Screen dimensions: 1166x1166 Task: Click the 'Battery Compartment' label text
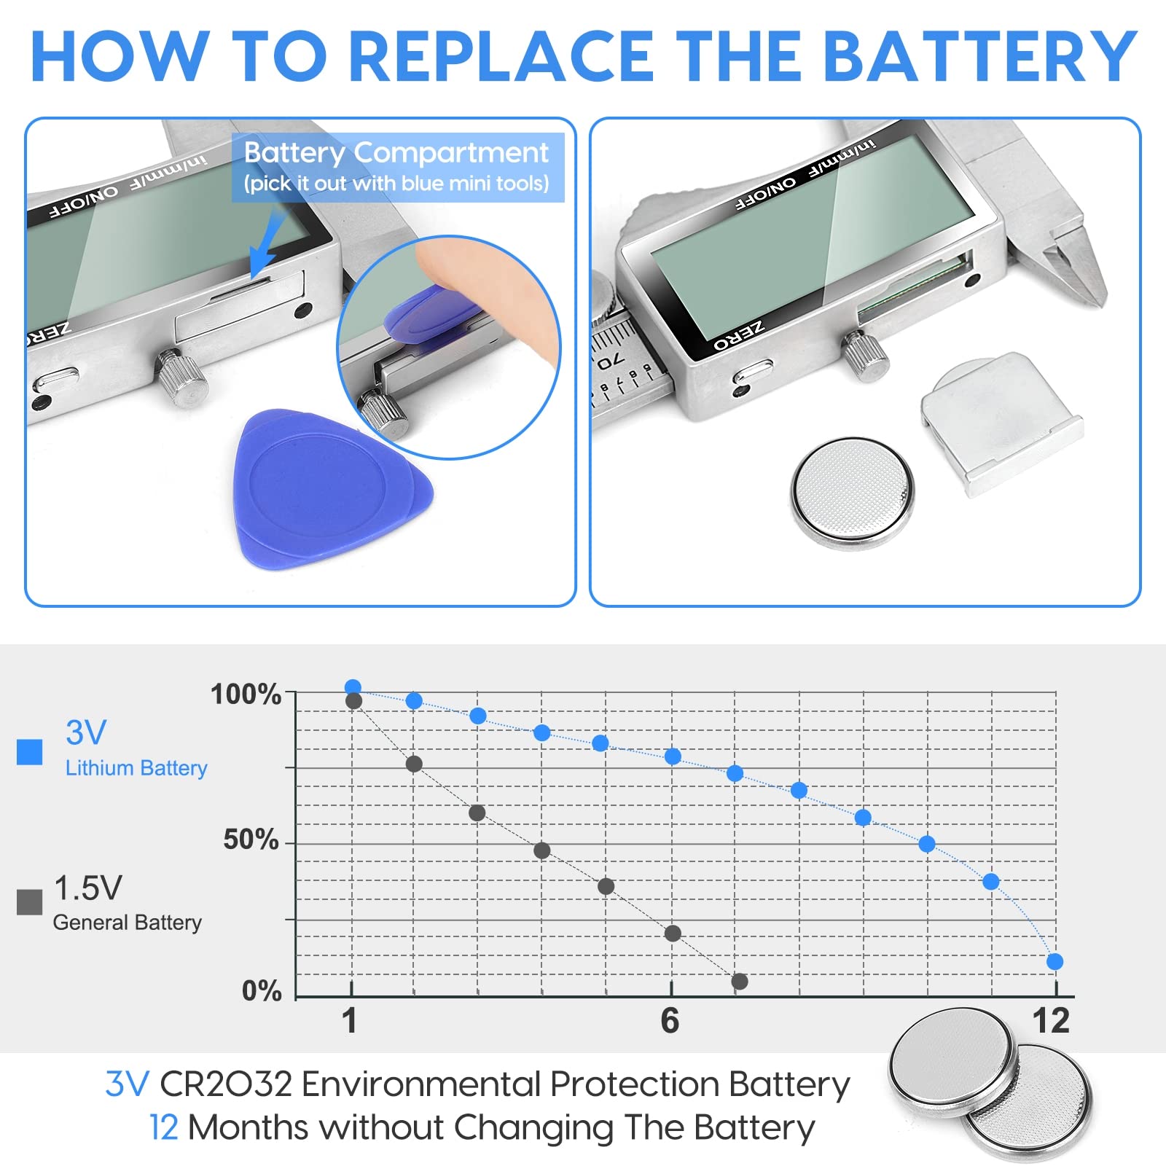point(396,153)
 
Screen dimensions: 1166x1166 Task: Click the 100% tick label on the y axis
point(246,694)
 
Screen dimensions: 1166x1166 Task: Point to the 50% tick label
point(251,840)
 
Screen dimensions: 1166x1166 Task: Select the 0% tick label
point(262,991)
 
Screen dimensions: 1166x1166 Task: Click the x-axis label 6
point(670,1021)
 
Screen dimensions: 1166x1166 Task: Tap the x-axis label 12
point(1051,1021)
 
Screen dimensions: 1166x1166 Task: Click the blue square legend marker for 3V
point(29,751)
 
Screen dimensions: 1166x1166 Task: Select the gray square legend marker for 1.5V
point(29,901)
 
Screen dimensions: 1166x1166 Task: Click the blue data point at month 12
point(1055,962)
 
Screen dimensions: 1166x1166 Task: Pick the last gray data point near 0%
point(740,982)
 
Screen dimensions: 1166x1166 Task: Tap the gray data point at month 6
point(673,934)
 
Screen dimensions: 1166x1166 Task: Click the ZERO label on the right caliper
point(738,336)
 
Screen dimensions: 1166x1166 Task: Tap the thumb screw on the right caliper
point(866,356)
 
